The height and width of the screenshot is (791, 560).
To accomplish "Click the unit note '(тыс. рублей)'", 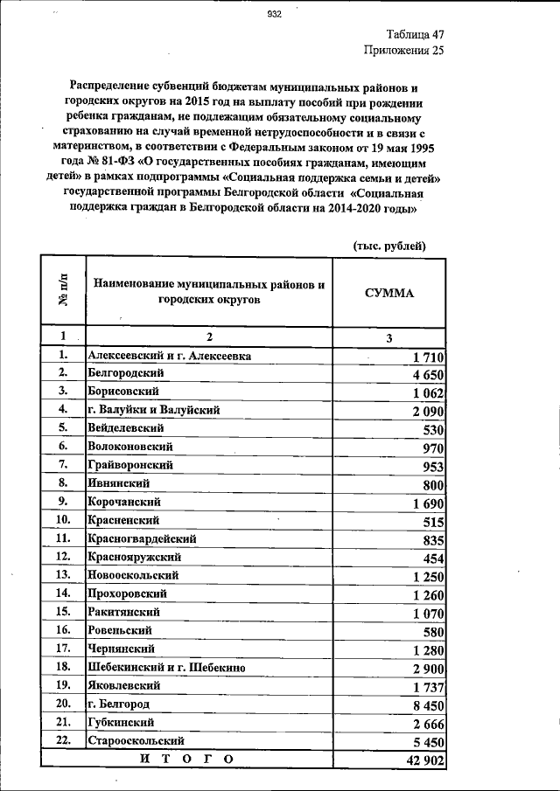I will [389, 246].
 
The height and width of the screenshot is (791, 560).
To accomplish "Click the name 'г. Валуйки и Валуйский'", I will [153, 409].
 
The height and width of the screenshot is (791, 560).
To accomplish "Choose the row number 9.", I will [62, 502].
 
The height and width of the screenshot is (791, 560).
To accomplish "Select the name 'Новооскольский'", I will [133, 575].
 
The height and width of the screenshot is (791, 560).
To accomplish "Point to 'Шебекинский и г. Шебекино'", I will [165, 667].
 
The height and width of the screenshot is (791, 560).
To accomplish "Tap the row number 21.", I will [62, 722].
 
